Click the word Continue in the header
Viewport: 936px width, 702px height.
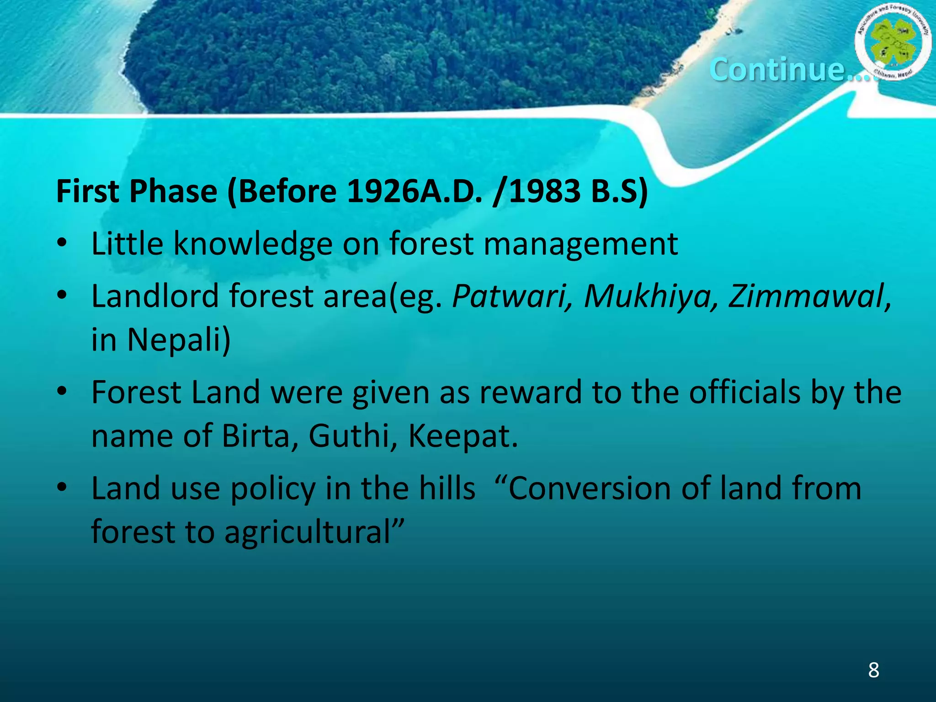(777, 69)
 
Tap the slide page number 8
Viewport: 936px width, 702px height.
(873, 670)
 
